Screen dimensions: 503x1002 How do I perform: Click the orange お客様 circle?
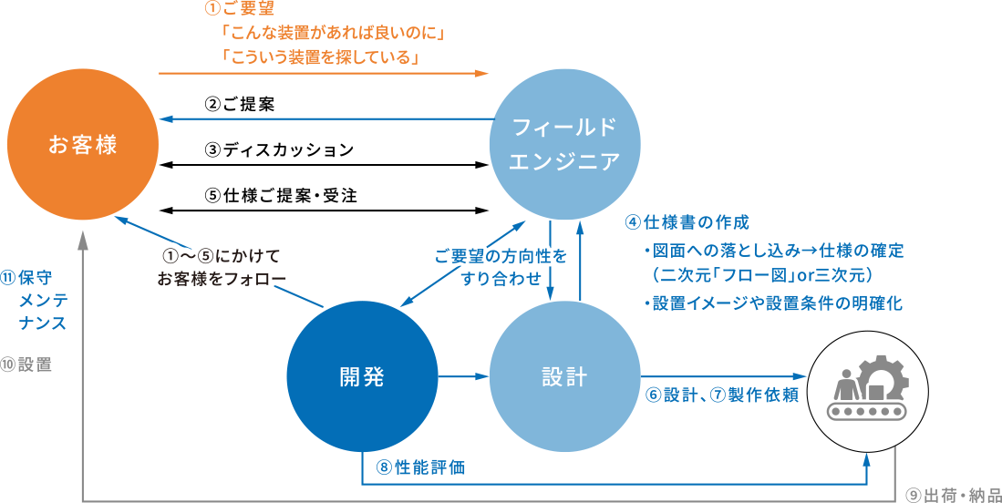pos(82,145)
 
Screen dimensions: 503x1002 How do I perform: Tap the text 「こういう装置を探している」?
pos(320,58)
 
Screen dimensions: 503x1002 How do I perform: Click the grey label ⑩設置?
pos(26,364)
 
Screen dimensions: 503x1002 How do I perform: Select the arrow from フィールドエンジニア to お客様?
pos(324,118)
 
